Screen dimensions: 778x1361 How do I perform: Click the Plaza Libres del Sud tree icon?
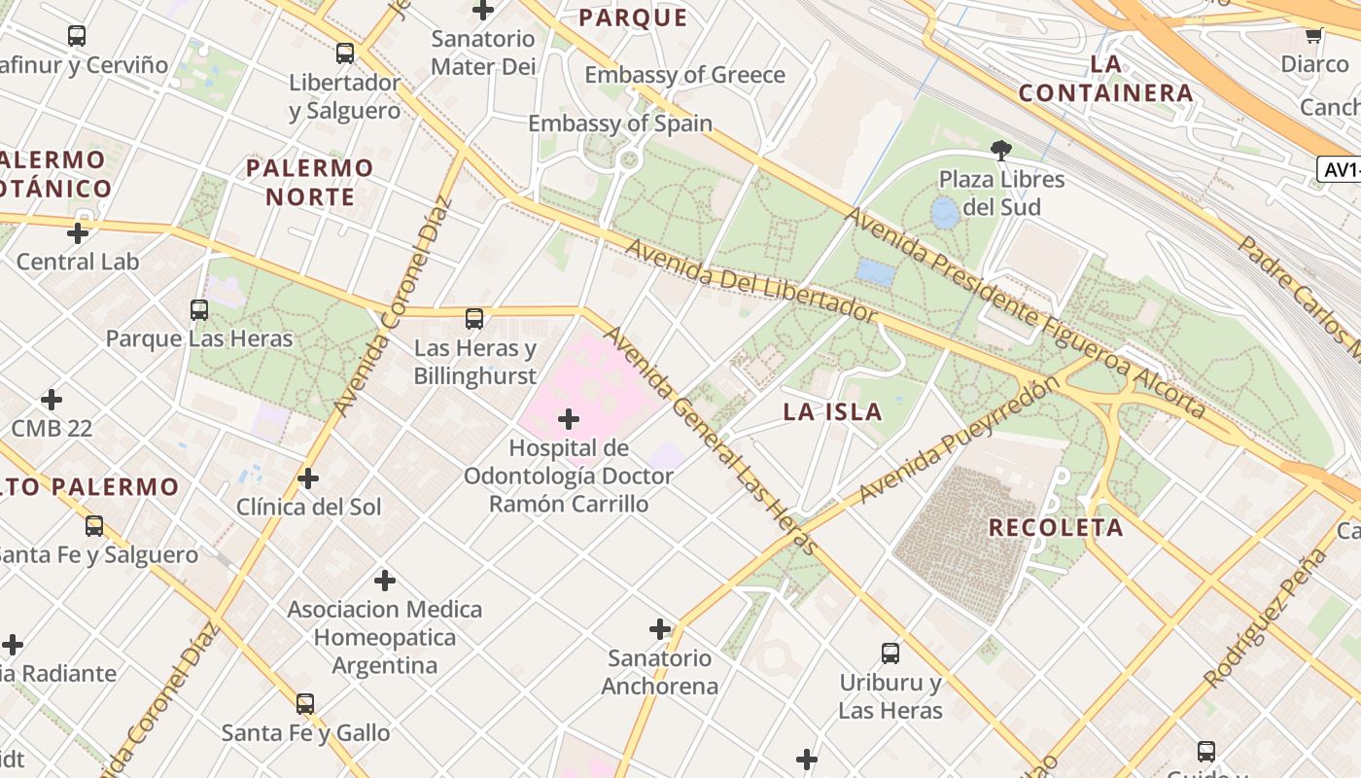point(1000,150)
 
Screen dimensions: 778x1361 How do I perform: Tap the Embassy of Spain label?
point(620,124)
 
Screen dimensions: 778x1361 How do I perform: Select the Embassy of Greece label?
point(684,75)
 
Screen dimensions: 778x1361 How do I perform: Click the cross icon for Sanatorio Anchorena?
point(660,629)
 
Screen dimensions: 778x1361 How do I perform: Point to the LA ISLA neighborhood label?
point(832,411)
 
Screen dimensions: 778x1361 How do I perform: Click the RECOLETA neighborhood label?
point(1056,528)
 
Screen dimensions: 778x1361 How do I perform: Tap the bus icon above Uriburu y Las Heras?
point(890,654)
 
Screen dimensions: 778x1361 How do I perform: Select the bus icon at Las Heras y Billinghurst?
point(474,318)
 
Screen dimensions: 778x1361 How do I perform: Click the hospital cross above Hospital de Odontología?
point(569,419)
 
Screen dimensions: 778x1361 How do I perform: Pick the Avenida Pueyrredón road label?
point(958,441)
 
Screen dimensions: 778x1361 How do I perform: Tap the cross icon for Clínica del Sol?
point(308,478)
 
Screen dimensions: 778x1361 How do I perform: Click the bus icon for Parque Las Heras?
point(199,310)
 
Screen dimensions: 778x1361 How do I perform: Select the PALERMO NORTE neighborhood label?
point(309,182)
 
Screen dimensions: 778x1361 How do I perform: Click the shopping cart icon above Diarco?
point(1313,36)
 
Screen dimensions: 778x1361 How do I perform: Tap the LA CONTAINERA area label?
point(1106,79)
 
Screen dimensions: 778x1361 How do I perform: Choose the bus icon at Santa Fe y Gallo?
point(305,703)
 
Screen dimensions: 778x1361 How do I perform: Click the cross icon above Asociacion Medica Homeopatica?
point(385,581)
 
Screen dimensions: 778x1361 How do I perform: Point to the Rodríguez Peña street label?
point(1265,619)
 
